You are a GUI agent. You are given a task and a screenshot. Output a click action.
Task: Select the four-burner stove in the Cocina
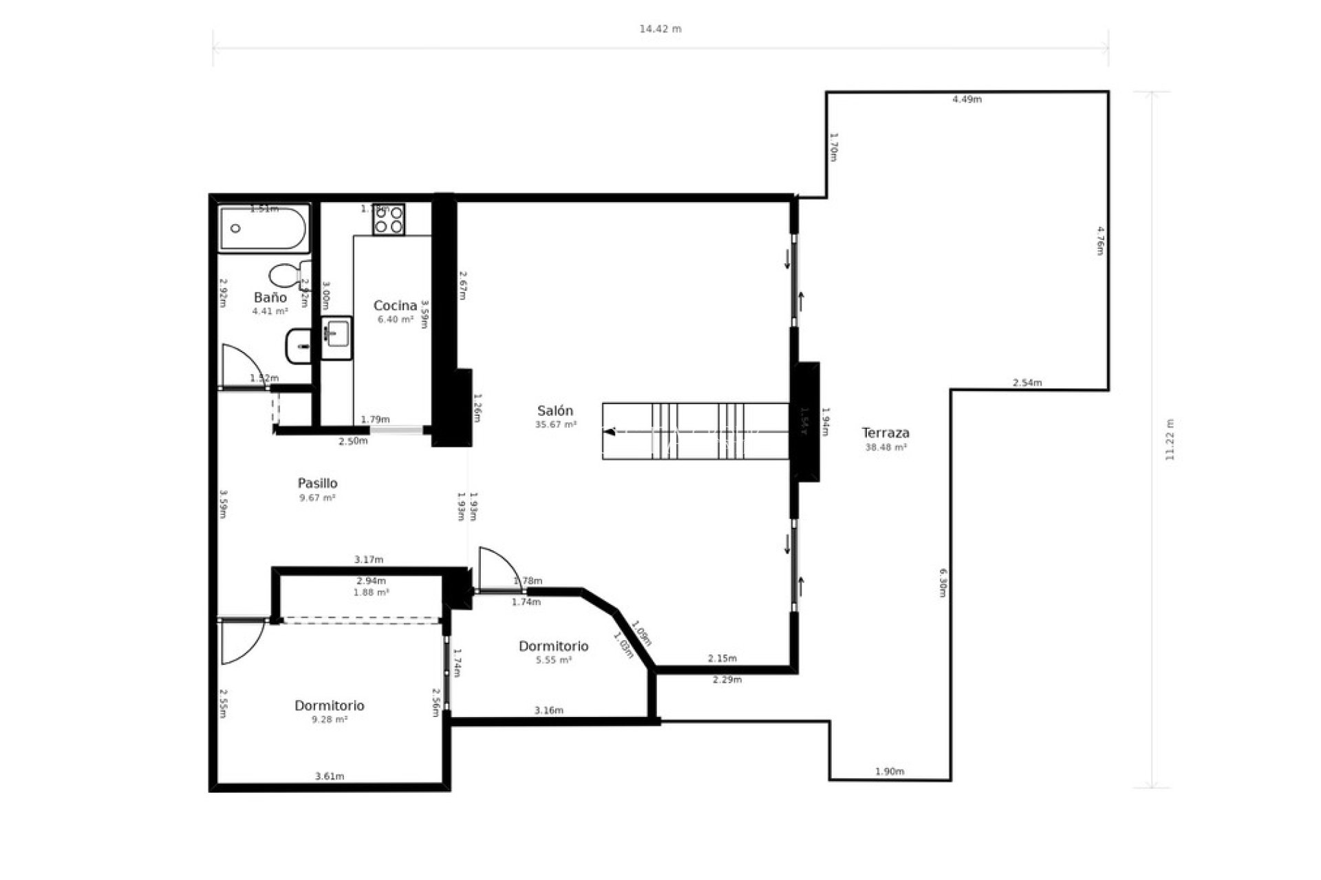click(388, 219)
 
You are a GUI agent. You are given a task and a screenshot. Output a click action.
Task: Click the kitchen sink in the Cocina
click(336, 338)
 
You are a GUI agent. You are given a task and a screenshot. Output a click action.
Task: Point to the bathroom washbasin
click(299, 346)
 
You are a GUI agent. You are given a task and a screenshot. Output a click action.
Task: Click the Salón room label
click(555, 411)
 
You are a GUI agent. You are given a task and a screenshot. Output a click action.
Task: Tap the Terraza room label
click(885, 433)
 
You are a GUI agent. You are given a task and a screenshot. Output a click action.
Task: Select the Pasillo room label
click(317, 483)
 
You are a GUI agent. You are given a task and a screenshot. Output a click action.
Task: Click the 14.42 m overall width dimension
click(660, 29)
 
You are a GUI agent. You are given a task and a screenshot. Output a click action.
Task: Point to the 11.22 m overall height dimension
click(1170, 440)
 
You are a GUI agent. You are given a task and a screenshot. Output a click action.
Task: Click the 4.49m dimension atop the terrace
click(967, 100)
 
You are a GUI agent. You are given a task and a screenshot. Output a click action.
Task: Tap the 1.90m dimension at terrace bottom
click(889, 771)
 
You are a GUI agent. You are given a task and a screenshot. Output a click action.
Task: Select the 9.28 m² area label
click(329, 720)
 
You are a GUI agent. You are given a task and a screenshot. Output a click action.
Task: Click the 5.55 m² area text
click(554, 660)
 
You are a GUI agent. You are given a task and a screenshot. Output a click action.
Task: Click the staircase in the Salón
click(695, 431)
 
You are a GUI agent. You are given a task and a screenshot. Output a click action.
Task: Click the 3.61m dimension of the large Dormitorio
click(330, 776)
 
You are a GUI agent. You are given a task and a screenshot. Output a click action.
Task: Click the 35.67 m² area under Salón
click(555, 425)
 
